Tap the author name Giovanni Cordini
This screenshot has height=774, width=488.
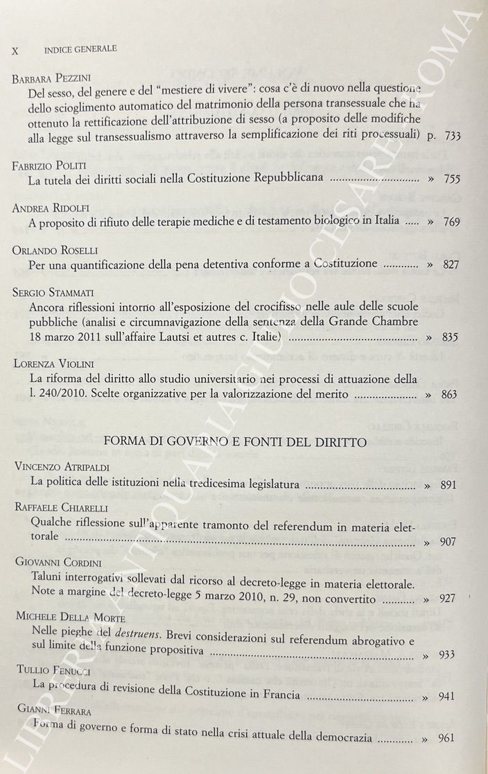pyautogui.click(x=56, y=565)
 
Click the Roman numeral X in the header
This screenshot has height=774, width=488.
pyautogui.click(x=15, y=50)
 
